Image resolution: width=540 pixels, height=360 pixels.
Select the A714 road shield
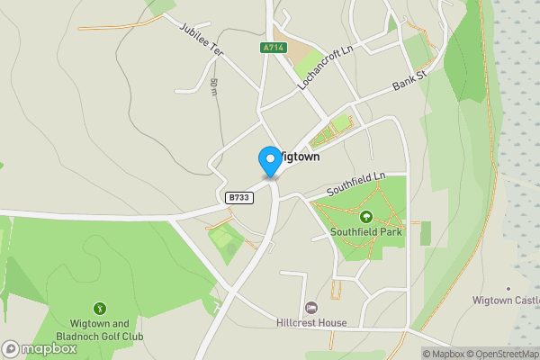[274, 48]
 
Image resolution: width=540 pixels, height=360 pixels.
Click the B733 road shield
[238, 197]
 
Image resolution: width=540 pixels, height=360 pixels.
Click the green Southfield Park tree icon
[366, 216]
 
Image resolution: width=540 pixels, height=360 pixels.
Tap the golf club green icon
[101, 308]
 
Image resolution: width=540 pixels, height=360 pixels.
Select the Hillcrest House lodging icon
[312, 308]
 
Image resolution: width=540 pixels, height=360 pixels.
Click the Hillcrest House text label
[312, 322]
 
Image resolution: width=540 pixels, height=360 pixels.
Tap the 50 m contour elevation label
[214, 86]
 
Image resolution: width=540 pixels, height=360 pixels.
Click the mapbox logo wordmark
[41, 349]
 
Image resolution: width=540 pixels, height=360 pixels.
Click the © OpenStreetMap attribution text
[509, 354]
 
